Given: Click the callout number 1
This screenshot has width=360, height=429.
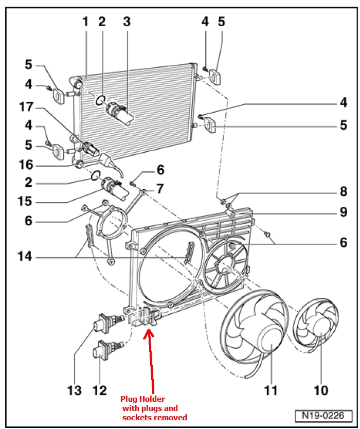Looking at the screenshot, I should pos(85,22).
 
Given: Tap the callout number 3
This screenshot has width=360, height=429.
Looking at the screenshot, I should pos(127,22).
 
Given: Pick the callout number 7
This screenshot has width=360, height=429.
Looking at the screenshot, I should pos(160,188).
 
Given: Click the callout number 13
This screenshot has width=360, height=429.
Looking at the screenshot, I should pos(74,391).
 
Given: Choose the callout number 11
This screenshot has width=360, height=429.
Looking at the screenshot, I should pos(271,391).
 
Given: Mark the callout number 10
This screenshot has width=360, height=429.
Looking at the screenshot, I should pos(320,391).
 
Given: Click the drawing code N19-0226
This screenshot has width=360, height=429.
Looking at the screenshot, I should pos(323,415).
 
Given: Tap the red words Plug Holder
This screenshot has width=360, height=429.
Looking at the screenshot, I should pos(144,399).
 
